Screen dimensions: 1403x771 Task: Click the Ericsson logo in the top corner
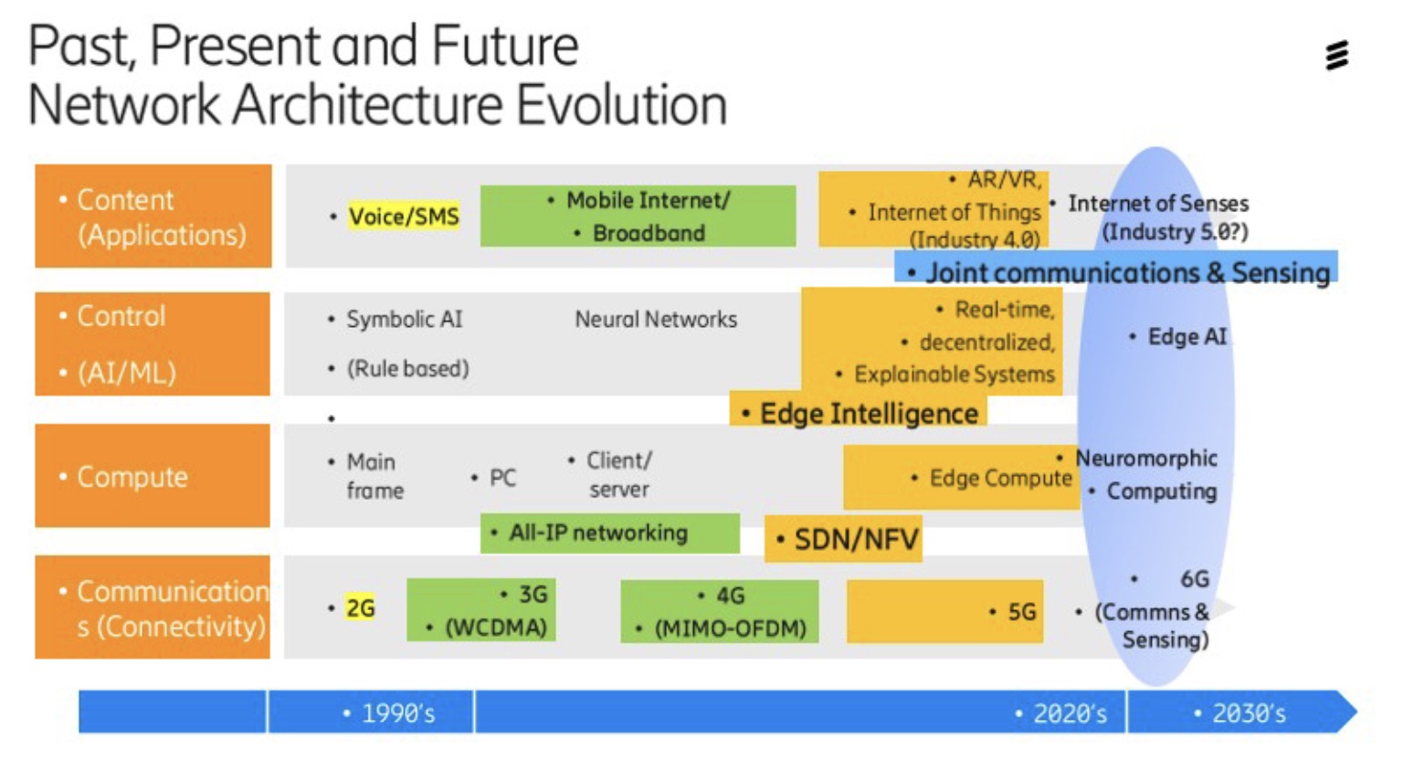point(1336,56)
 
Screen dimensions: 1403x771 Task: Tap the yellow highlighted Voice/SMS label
point(404,217)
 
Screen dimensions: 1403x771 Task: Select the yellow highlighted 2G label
point(361,607)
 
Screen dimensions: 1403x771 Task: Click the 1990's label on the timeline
point(398,713)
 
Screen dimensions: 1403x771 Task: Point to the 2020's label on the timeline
point(1070,713)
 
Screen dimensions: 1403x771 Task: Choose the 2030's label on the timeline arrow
point(1249,713)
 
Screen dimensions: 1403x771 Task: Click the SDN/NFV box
point(843,539)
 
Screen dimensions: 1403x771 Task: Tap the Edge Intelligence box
point(858,411)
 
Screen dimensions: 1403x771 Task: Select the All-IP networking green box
point(609,533)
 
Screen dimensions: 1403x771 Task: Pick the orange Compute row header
point(153,475)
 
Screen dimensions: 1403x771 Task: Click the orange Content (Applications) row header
point(153,217)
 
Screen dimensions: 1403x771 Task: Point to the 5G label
point(1021,611)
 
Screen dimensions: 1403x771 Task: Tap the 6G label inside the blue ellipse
point(1195,579)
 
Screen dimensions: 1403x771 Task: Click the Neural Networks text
point(656,320)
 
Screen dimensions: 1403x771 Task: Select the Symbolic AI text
point(405,320)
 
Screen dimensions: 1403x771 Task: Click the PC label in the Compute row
point(502,478)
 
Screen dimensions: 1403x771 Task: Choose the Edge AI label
point(1187,337)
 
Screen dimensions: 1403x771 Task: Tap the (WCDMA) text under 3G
point(495,627)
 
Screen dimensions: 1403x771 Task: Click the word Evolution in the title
point(622,104)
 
